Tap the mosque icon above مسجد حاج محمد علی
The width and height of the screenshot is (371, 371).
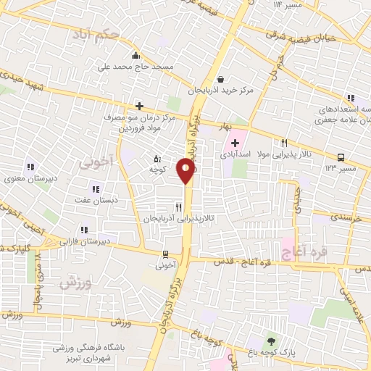135,56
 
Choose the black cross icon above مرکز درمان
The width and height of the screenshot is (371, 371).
139,105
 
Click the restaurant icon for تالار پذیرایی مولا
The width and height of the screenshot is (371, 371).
285,143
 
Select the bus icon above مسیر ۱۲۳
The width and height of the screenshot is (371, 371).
341,157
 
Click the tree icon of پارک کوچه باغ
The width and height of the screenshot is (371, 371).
272,341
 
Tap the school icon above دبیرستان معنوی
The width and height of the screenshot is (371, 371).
30,166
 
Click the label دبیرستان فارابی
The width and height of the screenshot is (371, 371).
85,240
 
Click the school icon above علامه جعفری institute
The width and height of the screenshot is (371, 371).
351,99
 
